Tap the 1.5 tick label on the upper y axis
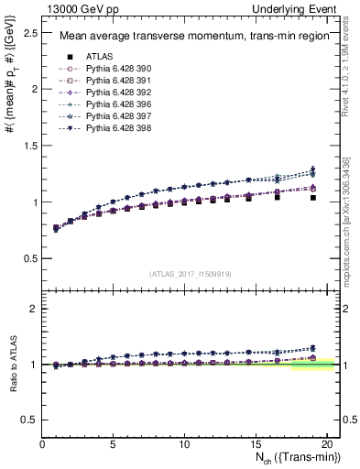point(30,146)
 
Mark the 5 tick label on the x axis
point(114,444)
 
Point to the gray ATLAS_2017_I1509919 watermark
point(189,273)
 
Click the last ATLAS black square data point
point(313,198)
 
